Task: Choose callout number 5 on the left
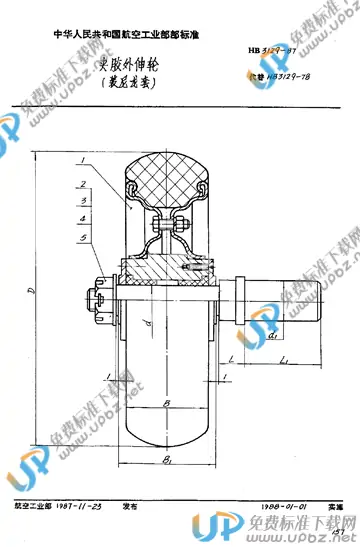(80, 237)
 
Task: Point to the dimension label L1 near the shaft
(285, 357)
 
